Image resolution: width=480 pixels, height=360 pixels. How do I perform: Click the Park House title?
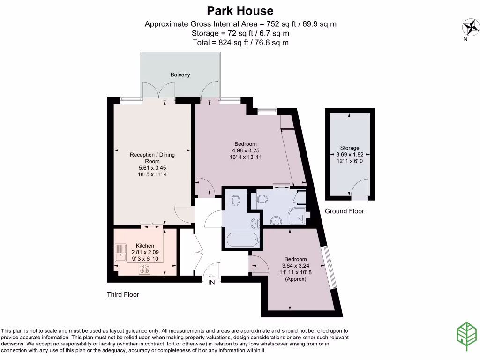point(240,10)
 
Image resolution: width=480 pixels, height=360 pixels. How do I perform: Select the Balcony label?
point(180,75)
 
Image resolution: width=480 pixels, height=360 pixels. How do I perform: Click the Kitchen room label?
point(145,246)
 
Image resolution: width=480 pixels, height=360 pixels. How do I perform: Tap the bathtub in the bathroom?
point(242,240)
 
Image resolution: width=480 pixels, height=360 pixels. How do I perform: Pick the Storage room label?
point(350,148)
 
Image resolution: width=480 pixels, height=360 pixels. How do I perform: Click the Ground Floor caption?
point(345,211)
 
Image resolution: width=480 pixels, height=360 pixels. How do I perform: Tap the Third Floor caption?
point(123,295)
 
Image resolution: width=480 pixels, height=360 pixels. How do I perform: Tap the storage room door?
point(360,190)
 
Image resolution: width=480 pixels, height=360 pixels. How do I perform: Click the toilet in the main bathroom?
point(236,200)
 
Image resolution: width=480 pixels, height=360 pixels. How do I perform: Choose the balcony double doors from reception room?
point(159,90)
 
